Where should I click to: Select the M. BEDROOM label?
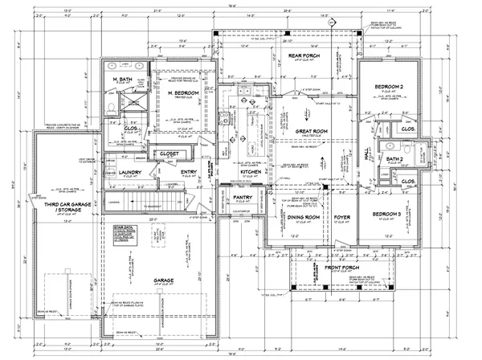tap(183, 94)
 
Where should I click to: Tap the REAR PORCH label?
tap(306, 55)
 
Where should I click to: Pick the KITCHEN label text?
tap(249, 172)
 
